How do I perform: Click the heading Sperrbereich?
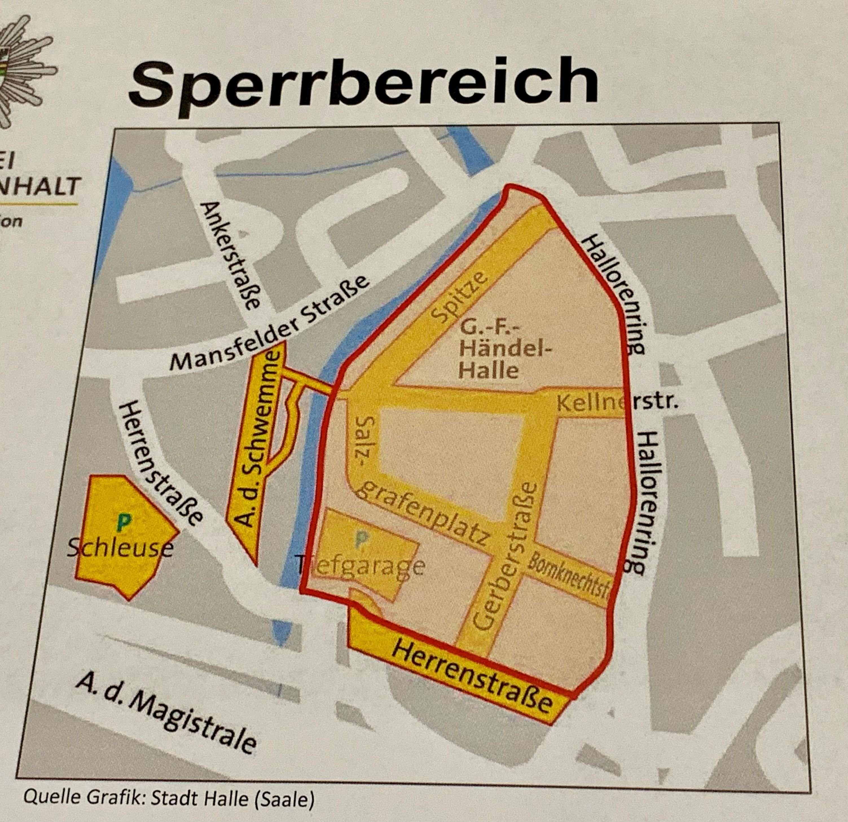tap(363, 84)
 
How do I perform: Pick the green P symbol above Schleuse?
tap(124, 524)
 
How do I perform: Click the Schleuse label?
tap(120, 549)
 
